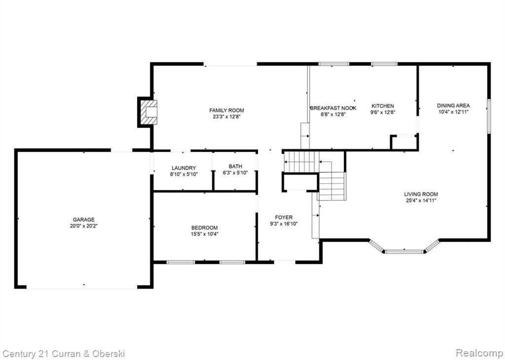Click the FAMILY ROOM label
coord(226,110)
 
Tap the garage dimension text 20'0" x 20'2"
coord(84,226)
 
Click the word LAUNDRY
coord(183,168)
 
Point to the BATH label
coord(235,167)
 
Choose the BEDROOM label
coord(205,228)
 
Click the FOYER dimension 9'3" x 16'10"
coord(284,223)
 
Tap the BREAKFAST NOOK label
coord(333,108)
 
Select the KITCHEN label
coord(383,106)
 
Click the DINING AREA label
coord(453,106)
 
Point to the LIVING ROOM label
coord(421,194)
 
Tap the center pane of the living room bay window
coord(404,252)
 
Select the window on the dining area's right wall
coord(489,116)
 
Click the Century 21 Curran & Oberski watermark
coord(63,354)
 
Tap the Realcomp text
coord(479,353)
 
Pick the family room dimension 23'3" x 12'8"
coord(226,117)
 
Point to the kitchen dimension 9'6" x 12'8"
coord(383,112)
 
